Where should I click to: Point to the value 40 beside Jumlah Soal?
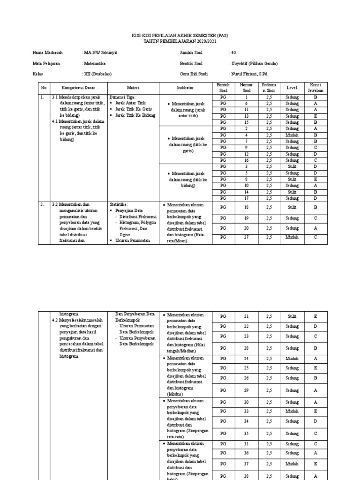(x=233, y=52)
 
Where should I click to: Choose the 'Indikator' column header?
(x=185, y=88)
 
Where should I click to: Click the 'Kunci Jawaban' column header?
(x=315, y=88)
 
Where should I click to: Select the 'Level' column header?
(x=292, y=88)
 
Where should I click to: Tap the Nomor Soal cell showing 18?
(x=247, y=206)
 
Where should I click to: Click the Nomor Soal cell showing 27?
(x=247, y=237)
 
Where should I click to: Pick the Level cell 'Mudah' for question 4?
(x=292, y=135)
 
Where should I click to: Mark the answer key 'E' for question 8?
(x=315, y=179)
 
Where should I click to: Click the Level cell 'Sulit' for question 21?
(x=292, y=316)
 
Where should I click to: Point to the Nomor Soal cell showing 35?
(x=247, y=434)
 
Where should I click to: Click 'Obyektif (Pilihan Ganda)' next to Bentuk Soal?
(x=254, y=63)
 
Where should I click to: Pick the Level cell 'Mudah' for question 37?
(x=292, y=464)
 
